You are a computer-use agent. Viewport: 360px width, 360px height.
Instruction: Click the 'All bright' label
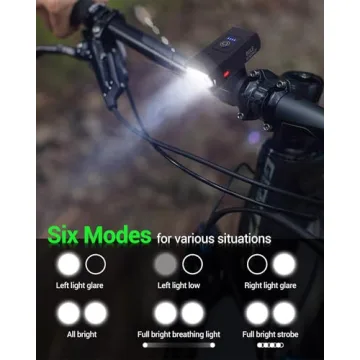coord(82,335)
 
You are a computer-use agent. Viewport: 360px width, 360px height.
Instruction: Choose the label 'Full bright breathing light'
coord(180,335)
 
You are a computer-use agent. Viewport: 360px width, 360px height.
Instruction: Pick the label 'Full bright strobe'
coord(272,335)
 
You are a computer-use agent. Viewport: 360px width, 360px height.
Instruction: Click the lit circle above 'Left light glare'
coord(69,265)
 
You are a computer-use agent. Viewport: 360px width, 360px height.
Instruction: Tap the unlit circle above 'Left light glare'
coord(96,265)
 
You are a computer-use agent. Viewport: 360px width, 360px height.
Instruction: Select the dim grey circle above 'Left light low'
coord(166,265)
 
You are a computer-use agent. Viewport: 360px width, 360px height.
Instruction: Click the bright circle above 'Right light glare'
coord(284,265)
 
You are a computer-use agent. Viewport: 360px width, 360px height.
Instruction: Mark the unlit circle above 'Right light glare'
coord(258,265)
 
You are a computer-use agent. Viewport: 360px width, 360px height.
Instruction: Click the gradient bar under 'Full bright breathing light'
coord(180,345)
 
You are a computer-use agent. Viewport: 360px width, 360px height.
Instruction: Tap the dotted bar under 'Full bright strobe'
coord(272,345)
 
